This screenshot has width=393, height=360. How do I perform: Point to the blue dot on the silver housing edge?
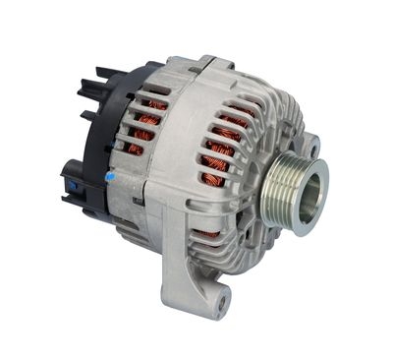coord(109,177)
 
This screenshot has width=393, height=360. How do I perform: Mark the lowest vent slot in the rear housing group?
coord(135,150)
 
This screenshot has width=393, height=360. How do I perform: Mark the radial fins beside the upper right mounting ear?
coord(285,123)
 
